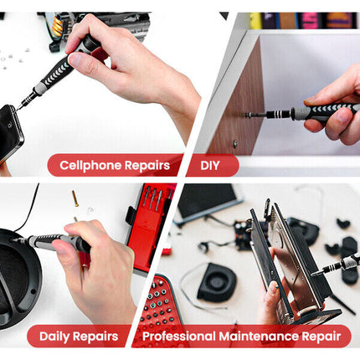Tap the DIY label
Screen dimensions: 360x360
pos(209,165)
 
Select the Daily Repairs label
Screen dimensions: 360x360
pos(72,337)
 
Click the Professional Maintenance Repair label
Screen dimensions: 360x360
pos(241,337)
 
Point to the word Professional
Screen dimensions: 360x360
pos(177,337)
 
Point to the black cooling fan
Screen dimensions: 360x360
pos(216,281)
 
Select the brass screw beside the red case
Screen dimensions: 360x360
pos(75,201)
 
